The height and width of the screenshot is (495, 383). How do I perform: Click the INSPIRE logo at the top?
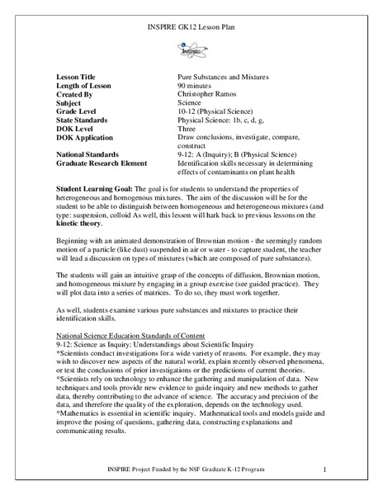(191, 49)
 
